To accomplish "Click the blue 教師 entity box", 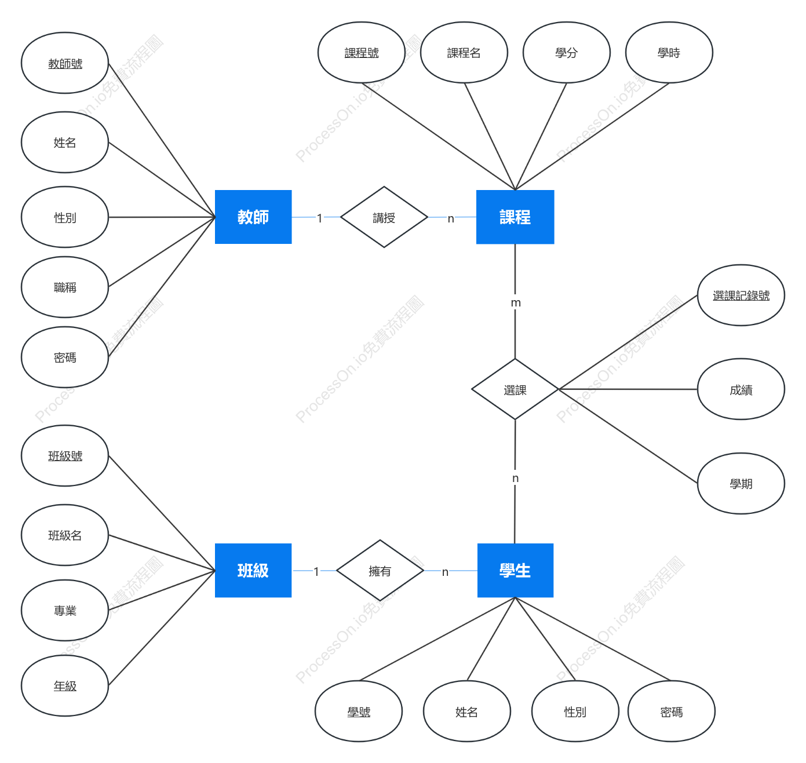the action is pyautogui.click(x=253, y=217).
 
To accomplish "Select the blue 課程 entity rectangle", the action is pyautogui.click(x=515, y=217).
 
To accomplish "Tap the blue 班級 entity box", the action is pyautogui.click(x=253, y=570).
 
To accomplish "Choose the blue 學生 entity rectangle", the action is pyautogui.click(x=515, y=570).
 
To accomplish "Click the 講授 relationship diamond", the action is pyautogui.click(x=384, y=217).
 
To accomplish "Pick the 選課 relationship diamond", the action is pyautogui.click(x=515, y=389).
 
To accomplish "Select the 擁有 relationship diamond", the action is pyautogui.click(x=380, y=570).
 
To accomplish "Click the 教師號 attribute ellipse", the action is pyautogui.click(x=65, y=63).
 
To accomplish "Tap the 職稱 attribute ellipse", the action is pyautogui.click(x=65, y=287).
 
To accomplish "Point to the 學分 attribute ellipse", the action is pyautogui.click(x=566, y=53).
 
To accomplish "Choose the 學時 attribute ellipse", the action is pyautogui.click(x=669, y=53).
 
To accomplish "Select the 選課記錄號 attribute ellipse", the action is pyautogui.click(x=741, y=295).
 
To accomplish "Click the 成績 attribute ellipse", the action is pyautogui.click(x=741, y=389).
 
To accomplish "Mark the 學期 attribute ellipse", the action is pyautogui.click(x=741, y=483).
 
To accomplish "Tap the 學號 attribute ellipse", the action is pyautogui.click(x=358, y=711).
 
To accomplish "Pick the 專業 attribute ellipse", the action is pyautogui.click(x=65, y=610).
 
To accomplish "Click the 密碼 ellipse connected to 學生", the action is pyautogui.click(x=671, y=711).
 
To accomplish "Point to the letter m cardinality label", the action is pyautogui.click(x=515, y=303).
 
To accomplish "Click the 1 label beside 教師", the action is pyautogui.click(x=319, y=218).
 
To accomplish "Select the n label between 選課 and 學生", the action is pyautogui.click(x=515, y=479).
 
